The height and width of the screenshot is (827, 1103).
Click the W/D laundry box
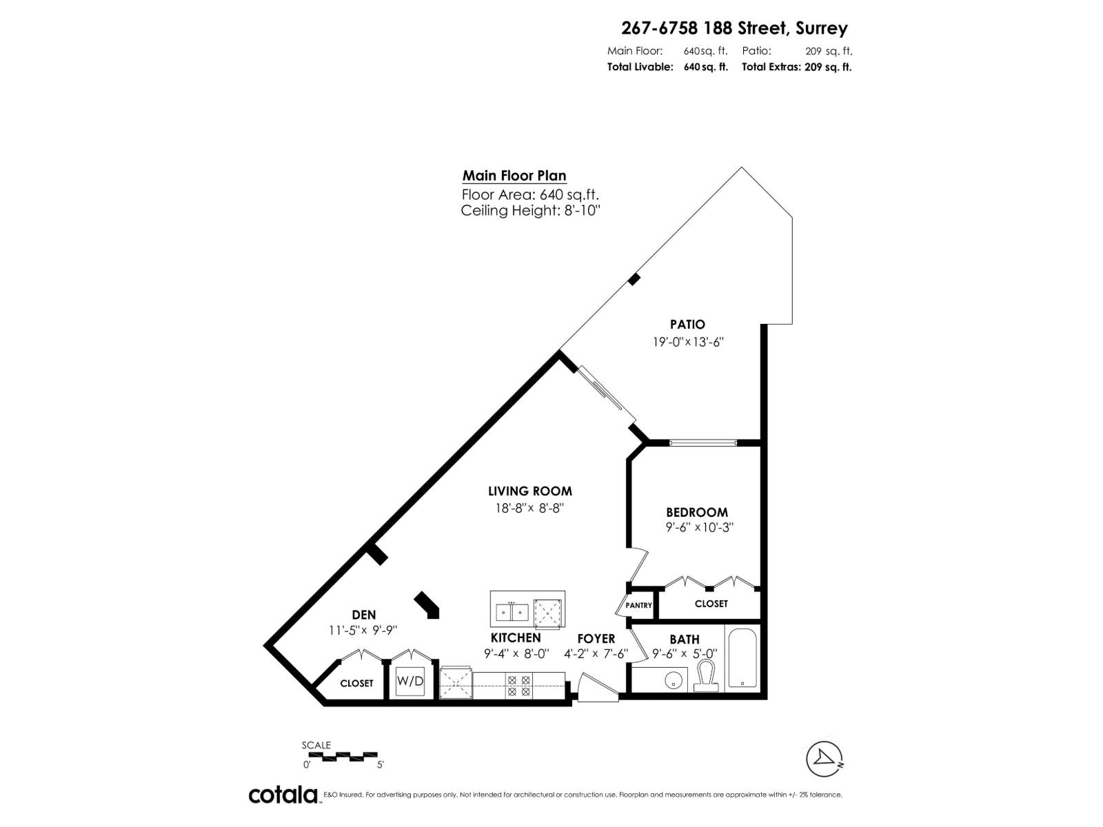[x=410, y=681]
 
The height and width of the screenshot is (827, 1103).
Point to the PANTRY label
[x=638, y=605]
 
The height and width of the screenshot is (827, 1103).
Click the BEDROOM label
[x=696, y=512]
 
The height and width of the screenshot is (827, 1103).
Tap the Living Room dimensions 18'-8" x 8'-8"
[x=529, y=507]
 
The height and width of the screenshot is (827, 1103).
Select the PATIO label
[x=687, y=324]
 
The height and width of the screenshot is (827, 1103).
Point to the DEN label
[x=363, y=615]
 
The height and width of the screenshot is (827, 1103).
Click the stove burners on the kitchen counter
[x=518, y=685]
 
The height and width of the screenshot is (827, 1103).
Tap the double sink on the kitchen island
[x=512, y=611]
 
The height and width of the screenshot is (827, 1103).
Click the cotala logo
[x=283, y=795]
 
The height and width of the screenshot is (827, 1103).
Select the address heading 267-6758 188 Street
[x=734, y=28]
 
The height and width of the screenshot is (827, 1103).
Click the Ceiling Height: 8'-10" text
[x=531, y=211]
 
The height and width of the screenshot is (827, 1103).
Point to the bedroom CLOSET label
[x=711, y=603]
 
